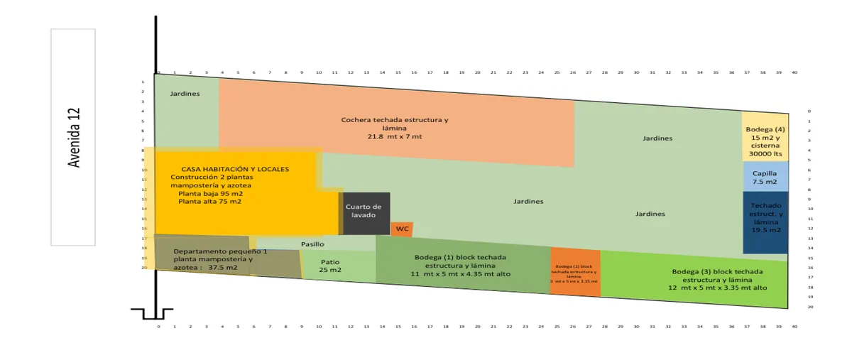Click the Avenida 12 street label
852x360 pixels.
point(73,138)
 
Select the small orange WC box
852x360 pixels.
point(402,229)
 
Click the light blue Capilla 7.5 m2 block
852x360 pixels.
point(765,177)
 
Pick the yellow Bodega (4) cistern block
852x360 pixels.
point(765,136)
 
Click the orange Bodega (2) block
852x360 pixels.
point(575,273)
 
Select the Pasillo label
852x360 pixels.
point(312,244)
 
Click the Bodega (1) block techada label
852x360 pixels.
point(460,258)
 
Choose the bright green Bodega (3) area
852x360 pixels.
point(717,280)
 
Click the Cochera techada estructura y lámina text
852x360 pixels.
point(394,120)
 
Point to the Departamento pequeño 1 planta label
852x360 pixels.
point(221,251)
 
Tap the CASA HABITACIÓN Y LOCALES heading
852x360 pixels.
point(235,169)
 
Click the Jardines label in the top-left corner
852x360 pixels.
point(185,94)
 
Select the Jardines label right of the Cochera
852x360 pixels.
point(657,138)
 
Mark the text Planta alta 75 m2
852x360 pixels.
point(209,202)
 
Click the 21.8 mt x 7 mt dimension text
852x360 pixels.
point(394,136)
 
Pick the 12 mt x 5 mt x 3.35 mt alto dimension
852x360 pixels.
point(717,288)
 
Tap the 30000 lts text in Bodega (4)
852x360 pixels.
point(765,154)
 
